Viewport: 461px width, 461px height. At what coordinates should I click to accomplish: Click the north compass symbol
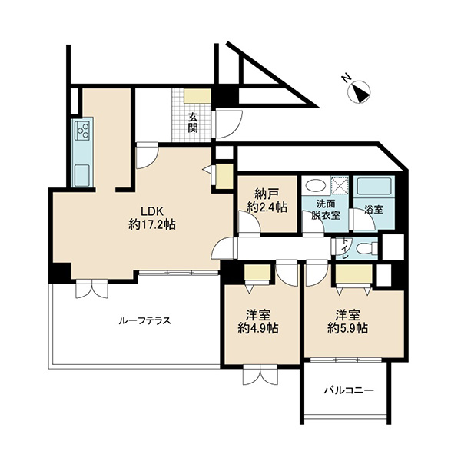[x=358, y=91]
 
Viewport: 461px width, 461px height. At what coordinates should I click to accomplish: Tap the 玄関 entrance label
[x=193, y=122]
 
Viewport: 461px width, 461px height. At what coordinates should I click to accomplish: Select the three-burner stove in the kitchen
[x=83, y=131]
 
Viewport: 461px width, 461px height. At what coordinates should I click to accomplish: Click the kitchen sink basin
[x=81, y=175]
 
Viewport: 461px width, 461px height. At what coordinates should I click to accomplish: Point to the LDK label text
[x=151, y=212]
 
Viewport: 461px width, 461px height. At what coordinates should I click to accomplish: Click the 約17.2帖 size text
[x=152, y=225]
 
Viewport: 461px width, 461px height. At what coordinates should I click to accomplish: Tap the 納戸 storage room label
[x=267, y=194]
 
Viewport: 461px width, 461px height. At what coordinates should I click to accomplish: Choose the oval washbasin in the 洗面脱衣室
[x=315, y=186]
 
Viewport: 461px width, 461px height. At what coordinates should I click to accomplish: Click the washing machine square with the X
[x=340, y=185]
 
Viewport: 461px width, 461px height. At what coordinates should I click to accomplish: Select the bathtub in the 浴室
[x=373, y=187]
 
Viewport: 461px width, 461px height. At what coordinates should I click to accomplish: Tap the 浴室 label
[x=373, y=210]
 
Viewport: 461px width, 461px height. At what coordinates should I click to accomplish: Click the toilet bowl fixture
[x=366, y=248]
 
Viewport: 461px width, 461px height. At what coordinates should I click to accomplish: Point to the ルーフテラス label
[x=145, y=320]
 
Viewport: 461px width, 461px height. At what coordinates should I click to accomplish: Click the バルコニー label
[x=349, y=390]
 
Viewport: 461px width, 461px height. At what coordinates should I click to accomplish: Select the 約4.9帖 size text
[x=258, y=328]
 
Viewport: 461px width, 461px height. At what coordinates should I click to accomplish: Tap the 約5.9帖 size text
[x=348, y=328]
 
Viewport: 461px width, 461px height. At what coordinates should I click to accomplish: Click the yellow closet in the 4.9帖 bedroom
[x=257, y=272]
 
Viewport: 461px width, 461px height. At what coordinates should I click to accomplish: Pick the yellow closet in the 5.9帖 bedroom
[x=354, y=274]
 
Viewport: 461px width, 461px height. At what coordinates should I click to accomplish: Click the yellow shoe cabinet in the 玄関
[x=197, y=96]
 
